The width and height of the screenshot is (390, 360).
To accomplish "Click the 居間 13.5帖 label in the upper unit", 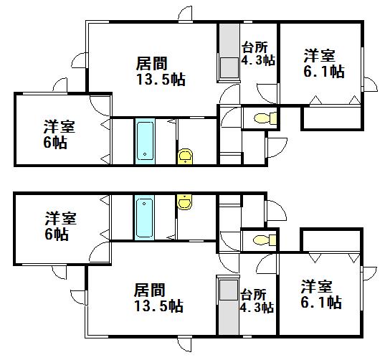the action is coord(161,72).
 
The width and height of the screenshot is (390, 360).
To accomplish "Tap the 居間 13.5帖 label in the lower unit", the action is coord(159,298).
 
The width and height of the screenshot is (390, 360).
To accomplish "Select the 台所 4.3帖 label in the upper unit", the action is coord(258,54).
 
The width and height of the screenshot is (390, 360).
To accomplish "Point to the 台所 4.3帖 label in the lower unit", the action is coord(257,300).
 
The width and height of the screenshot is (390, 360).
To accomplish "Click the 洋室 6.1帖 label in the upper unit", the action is coord(324,64).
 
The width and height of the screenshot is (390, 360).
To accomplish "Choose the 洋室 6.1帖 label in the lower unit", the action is coord(321,294).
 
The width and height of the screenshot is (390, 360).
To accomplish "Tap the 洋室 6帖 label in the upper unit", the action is coord(60,134).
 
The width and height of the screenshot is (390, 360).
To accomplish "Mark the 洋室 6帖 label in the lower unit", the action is coord(60,226).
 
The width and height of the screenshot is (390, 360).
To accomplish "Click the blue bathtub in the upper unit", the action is coord(145,141).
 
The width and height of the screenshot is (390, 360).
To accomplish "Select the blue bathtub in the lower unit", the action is coord(144,218).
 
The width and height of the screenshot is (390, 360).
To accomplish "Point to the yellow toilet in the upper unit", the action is coord(266,118).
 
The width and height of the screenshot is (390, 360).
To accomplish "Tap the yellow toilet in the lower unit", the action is coord(265,240).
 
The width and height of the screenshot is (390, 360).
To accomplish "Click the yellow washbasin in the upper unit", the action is coord(185,156).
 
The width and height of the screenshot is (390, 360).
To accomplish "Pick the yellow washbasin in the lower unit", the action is coord(184,202).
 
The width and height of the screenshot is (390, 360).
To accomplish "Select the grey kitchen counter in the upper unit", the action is coord(229,52).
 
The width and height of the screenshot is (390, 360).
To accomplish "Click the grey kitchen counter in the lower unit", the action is coord(229,305).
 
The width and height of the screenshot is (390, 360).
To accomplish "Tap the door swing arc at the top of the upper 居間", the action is coord(184,13).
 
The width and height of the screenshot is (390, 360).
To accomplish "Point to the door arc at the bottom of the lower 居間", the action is coord(184,345).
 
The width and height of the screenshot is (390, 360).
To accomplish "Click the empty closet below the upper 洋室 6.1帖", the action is coord(332,118).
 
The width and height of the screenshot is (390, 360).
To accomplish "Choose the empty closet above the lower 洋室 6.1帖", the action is coord(331,240).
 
